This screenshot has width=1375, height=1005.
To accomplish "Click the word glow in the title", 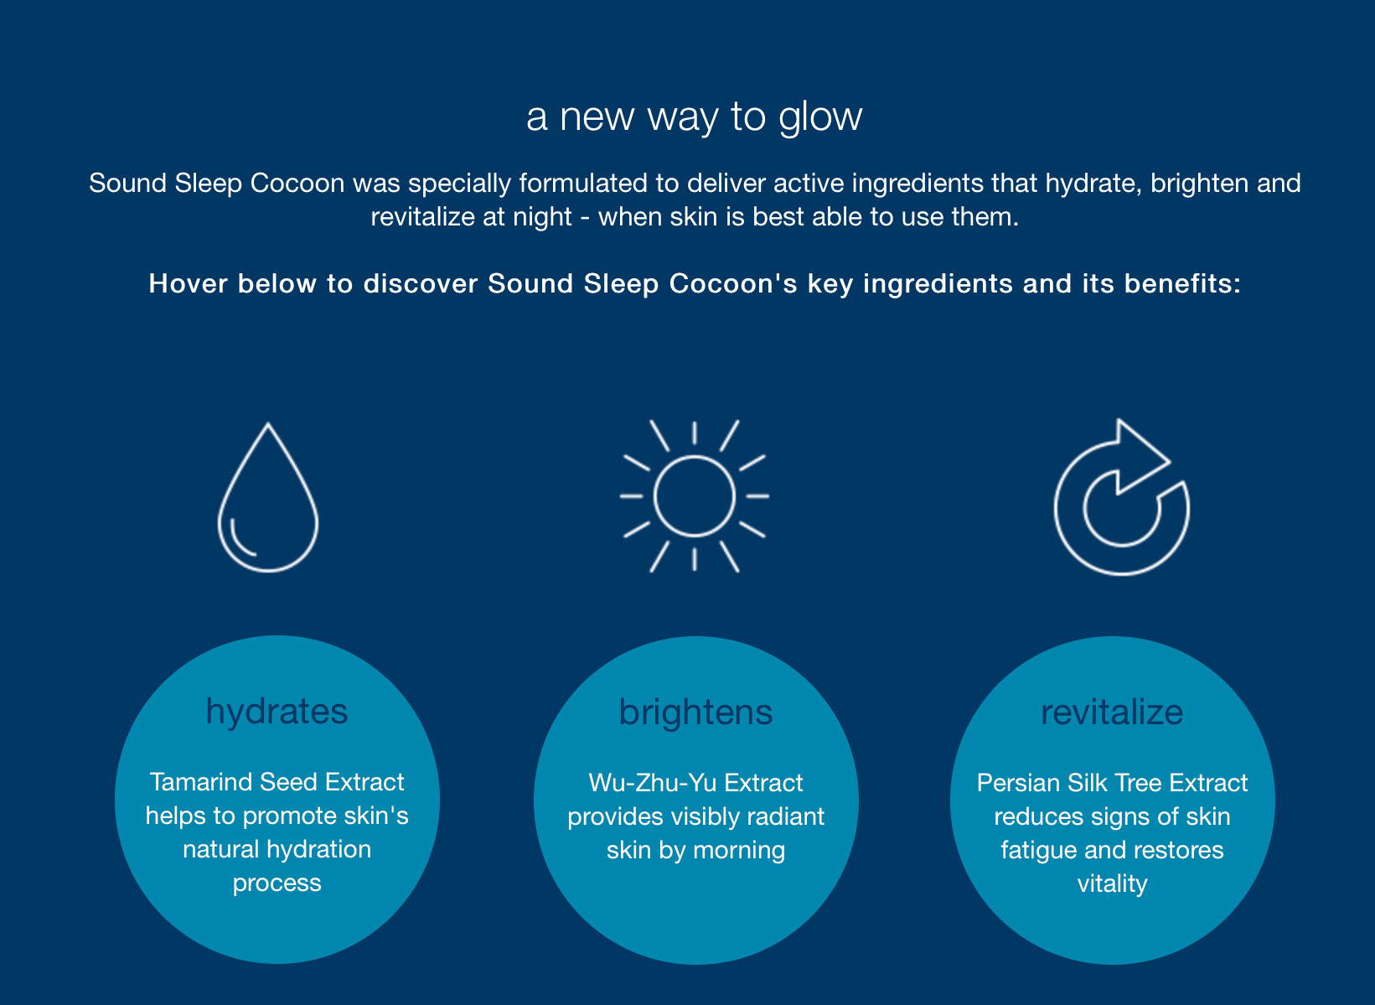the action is pyautogui.click(x=820, y=118).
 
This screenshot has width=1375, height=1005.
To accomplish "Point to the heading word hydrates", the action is pyautogui.click(x=277, y=712).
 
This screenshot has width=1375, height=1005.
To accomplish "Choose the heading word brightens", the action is pyautogui.click(x=695, y=712).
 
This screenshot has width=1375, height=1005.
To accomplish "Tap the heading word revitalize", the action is pyautogui.click(x=1112, y=712).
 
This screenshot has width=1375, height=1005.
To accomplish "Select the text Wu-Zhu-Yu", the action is pyautogui.click(x=653, y=783).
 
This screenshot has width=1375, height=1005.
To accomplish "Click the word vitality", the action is pyautogui.click(x=1112, y=884).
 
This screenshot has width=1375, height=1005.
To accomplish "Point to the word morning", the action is pyautogui.click(x=739, y=851).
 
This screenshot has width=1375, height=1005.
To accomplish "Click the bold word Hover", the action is pyautogui.click(x=188, y=283).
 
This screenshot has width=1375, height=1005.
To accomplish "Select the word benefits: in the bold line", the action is pyautogui.click(x=1182, y=283).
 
